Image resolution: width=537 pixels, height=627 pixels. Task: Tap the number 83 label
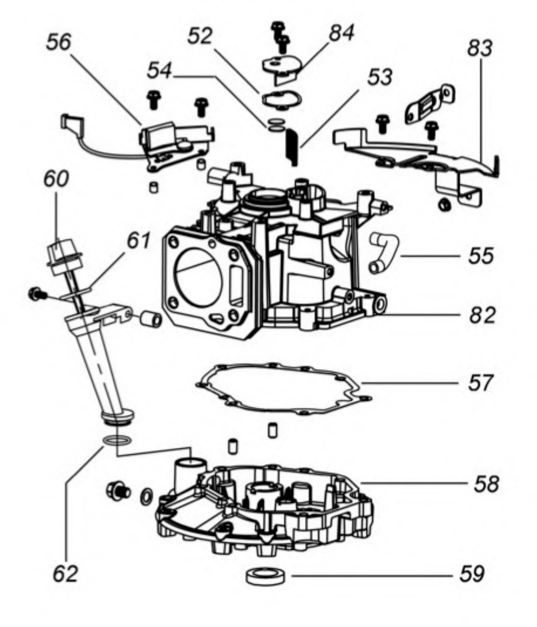(480, 48)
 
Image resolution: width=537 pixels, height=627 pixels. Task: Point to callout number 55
(481, 256)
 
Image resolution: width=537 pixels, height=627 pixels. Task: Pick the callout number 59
(472, 574)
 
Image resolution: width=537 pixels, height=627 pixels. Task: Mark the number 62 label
(65, 574)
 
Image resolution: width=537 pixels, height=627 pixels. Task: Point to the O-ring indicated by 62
(117, 441)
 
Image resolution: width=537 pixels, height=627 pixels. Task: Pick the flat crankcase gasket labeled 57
(283, 389)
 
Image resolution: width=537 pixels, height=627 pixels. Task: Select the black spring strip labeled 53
(292, 146)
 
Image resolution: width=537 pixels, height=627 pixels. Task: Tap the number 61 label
(139, 241)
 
